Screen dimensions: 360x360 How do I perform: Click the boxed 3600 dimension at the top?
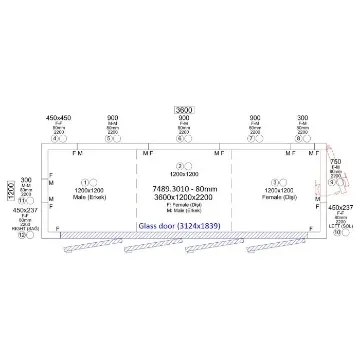point(183,109)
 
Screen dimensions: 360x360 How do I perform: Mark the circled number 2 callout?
point(179,165)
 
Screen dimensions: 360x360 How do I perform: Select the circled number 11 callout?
point(23,201)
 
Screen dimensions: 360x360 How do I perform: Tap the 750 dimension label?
point(337,161)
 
